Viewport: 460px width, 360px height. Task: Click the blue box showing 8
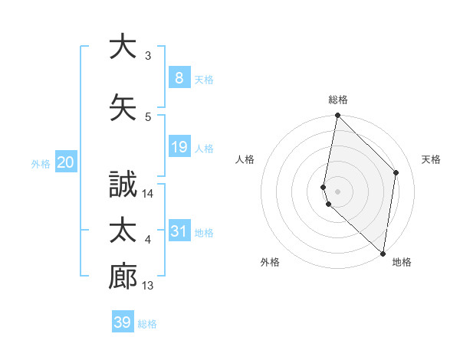(x=179, y=78)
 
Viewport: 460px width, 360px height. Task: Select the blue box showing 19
(x=179, y=147)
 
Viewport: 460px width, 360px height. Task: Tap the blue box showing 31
(x=179, y=231)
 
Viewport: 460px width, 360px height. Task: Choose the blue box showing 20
(x=65, y=162)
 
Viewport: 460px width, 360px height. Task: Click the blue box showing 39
(x=122, y=322)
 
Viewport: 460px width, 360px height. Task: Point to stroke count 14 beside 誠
(x=148, y=194)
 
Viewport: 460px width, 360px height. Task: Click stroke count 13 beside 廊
(x=148, y=286)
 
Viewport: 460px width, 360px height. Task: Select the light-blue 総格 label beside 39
(x=147, y=323)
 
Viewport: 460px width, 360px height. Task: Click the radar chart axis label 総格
(x=338, y=100)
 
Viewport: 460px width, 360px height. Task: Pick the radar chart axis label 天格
(x=432, y=159)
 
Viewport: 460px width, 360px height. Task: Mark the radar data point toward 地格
(x=383, y=253)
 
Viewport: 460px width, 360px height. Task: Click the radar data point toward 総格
(x=337, y=116)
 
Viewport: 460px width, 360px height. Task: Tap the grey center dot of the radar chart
(x=337, y=191)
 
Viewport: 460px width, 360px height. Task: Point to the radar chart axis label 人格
(x=245, y=159)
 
